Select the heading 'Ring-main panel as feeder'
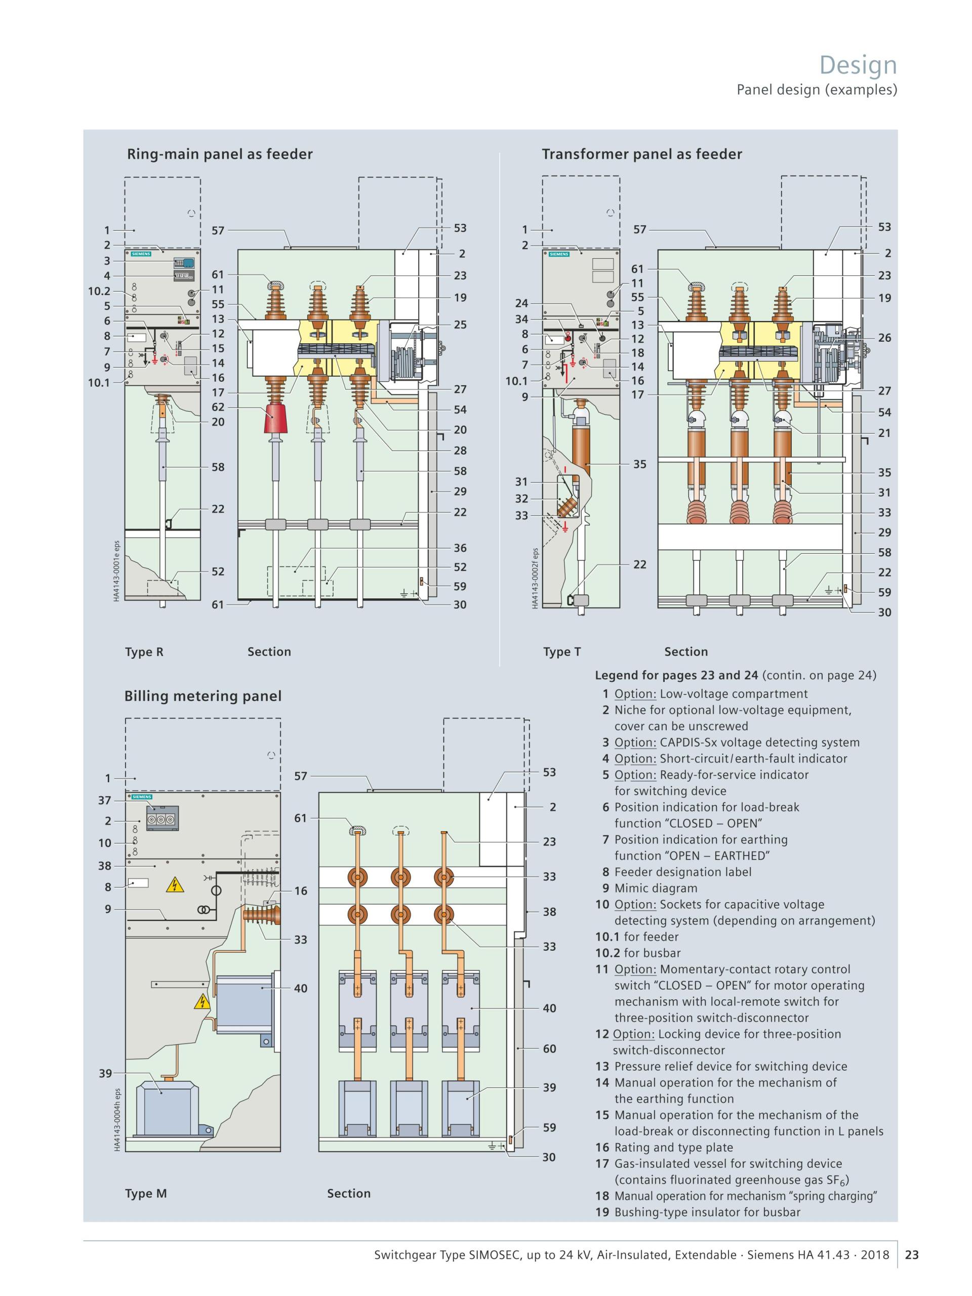click(220, 154)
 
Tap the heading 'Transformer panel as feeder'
click(641, 154)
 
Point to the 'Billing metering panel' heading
click(202, 696)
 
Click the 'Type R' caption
click(144, 652)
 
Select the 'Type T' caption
click(562, 652)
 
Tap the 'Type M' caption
click(146, 1193)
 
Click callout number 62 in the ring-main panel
click(218, 407)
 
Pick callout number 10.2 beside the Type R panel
click(99, 291)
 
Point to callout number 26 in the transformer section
click(884, 338)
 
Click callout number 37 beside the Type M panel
click(105, 800)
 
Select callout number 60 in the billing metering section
click(549, 1049)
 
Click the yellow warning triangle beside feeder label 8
click(175, 885)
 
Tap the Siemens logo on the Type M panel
click(142, 797)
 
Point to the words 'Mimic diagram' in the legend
click(656, 888)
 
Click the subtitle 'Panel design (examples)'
click(816, 90)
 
